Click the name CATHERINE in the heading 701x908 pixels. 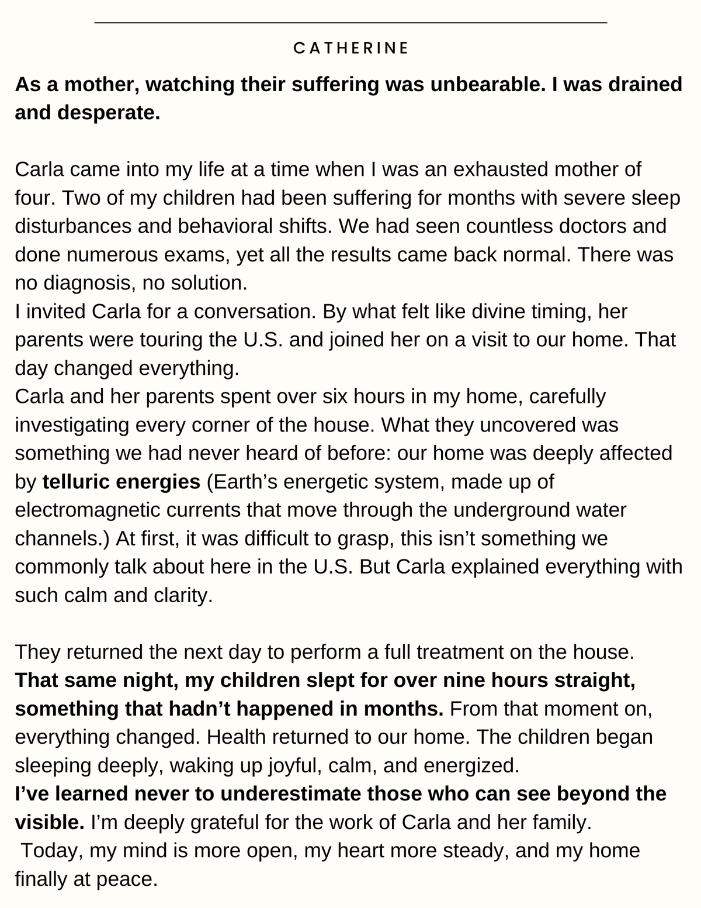point(350,48)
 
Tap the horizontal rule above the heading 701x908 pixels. point(350,23)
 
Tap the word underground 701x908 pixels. point(514,510)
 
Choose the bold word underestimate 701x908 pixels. point(290,793)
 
